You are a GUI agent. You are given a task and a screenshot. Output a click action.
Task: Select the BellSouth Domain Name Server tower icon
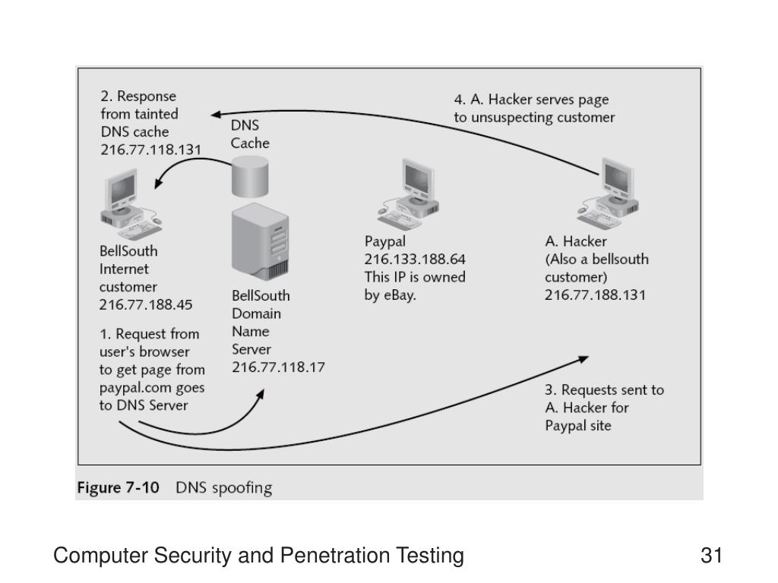(x=261, y=242)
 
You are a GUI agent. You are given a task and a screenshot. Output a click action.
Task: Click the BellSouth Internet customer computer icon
(x=127, y=201)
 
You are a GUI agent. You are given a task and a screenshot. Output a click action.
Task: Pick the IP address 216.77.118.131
(x=150, y=150)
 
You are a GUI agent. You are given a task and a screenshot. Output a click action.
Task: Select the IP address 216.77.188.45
(x=146, y=305)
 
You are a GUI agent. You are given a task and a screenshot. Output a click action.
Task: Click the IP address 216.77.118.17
(x=279, y=367)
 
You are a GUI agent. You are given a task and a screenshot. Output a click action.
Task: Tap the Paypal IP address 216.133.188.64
(x=415, y=259)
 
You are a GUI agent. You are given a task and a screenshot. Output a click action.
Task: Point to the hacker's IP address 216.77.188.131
(x=595, y=295)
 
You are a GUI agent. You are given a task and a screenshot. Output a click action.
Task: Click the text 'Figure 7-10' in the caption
(x=118, y=487)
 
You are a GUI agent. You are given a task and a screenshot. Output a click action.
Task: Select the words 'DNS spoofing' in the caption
(x=223, y=487)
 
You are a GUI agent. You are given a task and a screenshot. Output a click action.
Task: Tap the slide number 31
(x=711, y=556)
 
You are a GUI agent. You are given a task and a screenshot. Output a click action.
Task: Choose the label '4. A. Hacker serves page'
(x=531, y=99)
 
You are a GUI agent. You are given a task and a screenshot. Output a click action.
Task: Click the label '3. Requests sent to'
(x=604, y=390)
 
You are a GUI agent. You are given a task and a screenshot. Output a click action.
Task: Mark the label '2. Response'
(x=138, y=96)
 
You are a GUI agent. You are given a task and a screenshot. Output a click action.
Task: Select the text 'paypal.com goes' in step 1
(x=152, y=388)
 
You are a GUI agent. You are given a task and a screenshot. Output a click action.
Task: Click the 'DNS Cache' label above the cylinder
(x=250, y=134)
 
